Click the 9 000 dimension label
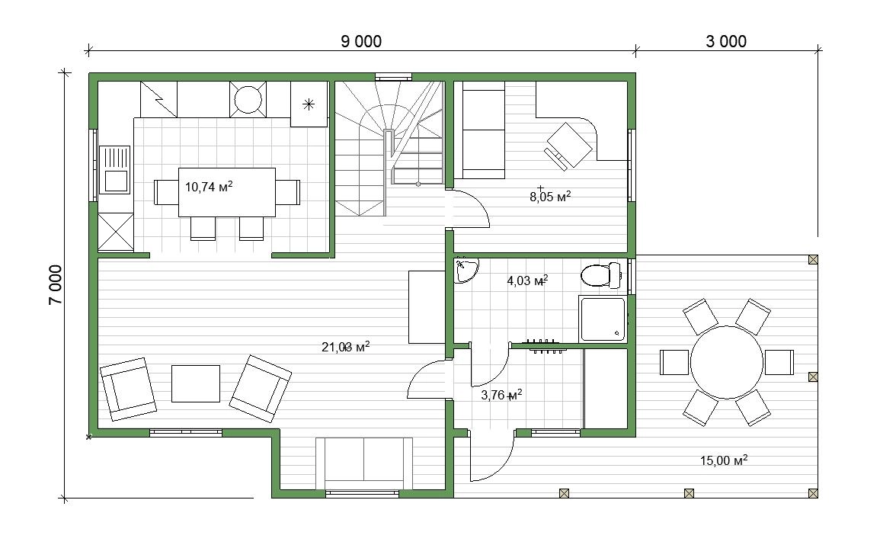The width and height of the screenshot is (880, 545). pos(361,41)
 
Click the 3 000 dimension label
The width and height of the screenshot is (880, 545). pos(726,41)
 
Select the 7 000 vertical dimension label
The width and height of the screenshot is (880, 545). pos(56,285)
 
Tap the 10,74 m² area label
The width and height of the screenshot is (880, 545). pos(209,186)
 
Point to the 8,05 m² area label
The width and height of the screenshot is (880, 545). pos(550,197)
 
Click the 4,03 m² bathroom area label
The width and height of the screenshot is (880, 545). pos(527,280)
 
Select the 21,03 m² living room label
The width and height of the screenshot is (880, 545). pos(346,347)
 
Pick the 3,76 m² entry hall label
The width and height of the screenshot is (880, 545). pos(502,395)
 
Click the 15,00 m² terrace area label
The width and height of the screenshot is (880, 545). pos(724,461)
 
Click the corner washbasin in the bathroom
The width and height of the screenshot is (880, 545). pos(466,270)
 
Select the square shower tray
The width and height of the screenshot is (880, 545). pos(602,319)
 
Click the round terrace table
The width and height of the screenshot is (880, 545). pos(727,362)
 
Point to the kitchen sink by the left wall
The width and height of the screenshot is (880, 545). pos(115,169)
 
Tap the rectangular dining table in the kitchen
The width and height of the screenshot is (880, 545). pos(227,192)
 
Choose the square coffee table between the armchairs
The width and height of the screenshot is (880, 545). pos(195,383)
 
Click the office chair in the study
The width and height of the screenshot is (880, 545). pos(568,146)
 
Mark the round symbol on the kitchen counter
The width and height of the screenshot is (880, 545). pos(248,100)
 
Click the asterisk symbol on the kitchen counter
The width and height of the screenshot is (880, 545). pos(308,104)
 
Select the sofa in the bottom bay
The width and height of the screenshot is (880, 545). pos(364,463)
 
